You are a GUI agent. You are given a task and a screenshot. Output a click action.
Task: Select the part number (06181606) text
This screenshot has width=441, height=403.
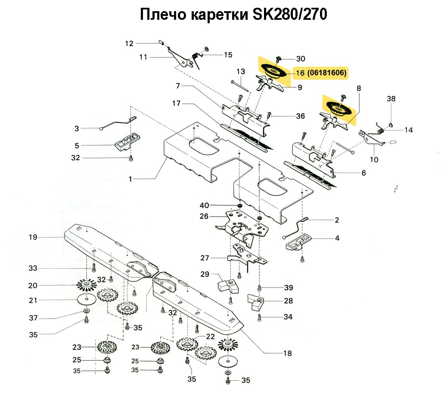[x=327, y=73]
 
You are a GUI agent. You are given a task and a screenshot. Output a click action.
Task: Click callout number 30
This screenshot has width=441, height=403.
[x=301, y=59]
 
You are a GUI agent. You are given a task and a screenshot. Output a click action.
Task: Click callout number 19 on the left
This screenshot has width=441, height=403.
[x=33, y=237]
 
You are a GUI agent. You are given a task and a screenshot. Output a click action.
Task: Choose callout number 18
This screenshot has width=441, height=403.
[x=287, y=353]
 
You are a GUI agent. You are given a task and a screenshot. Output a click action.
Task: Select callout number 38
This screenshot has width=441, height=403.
[x=391, y=99]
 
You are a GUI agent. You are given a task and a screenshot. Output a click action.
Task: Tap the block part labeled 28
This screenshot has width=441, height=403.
[x=256, y=302]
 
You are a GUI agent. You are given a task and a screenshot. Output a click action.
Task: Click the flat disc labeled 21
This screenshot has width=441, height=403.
[x=87, y=299]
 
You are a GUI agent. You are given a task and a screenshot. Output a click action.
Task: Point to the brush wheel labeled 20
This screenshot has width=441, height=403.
[x=87, y=285]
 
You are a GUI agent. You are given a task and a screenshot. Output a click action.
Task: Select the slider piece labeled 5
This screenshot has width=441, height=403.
[x=126, y=141]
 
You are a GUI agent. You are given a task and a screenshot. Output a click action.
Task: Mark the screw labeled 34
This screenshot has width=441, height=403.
[x=259, y=318]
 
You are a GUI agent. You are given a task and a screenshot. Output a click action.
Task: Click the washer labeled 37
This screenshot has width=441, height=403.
[x=86, y=311]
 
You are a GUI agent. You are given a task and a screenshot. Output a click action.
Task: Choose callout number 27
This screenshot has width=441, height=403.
[x=205, y=258]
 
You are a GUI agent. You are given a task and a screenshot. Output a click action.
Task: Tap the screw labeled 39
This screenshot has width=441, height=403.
[x=259, y=288]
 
